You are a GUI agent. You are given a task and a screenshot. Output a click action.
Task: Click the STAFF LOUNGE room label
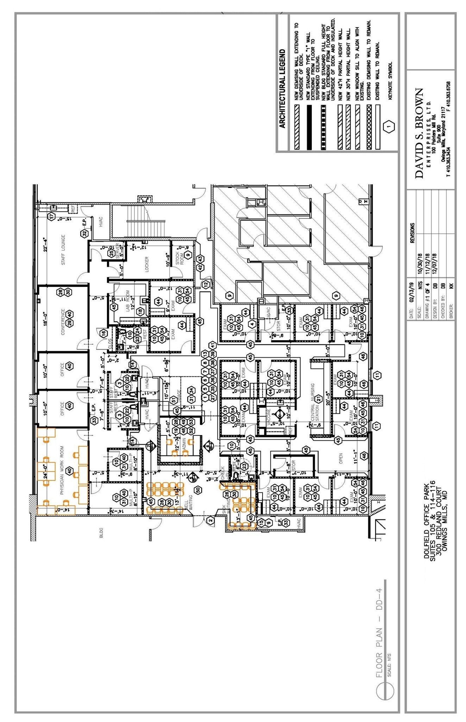click(x=63, y=250)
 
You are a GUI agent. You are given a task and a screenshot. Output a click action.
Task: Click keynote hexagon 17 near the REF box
click(x=52, y=216)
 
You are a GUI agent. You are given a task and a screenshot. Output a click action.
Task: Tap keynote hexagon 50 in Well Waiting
click(x=198, y=490)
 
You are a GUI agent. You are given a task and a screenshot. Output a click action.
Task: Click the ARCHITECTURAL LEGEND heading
click(x=282, y=88)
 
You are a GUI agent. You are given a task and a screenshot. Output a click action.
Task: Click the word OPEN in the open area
click(x=340, y=458)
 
